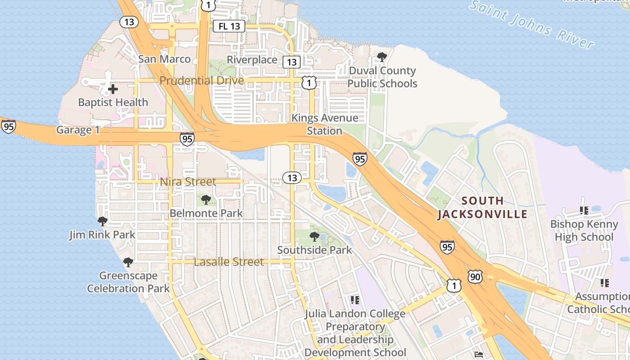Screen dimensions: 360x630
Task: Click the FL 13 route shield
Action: point(229,26)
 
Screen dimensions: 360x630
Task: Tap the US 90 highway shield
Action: point(475,277)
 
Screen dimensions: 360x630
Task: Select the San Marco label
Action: point(164,59)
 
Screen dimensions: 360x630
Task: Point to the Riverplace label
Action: point(252,60)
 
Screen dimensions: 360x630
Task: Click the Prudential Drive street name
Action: point(202,81)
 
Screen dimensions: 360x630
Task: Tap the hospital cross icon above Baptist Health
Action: point(113,89)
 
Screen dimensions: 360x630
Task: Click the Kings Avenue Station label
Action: point(324,124)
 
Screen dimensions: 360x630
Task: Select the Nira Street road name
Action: point(188,182)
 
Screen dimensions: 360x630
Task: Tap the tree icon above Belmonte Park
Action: point(206,199)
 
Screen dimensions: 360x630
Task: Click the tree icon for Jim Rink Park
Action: point(103,221)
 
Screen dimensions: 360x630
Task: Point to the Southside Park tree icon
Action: point(315,236)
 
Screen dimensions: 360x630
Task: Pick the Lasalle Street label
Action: point(229,262)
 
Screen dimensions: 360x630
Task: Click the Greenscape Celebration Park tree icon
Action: point(128,262)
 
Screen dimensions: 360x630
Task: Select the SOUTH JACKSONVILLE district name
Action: point(482,207)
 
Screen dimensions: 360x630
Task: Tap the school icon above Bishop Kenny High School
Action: point(584,210)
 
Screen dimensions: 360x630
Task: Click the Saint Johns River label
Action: point(531,25)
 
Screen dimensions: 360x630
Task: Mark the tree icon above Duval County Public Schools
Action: point(382,57)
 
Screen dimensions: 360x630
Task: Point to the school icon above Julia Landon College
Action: point(355,300)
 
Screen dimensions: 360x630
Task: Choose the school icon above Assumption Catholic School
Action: point(605,283)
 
